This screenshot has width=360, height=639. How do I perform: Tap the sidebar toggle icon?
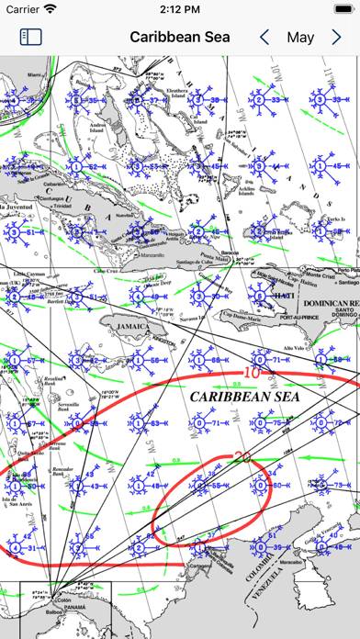coord(31,38)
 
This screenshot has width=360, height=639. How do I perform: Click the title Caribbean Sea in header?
coord(180,38)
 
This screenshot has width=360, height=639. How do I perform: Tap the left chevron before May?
coord(264,38)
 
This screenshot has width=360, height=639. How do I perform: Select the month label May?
coord(300,38)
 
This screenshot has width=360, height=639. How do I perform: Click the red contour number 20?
coord(243,456)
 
